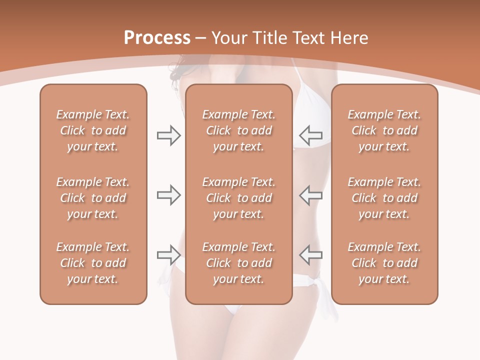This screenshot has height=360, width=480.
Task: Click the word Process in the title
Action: point(157,38)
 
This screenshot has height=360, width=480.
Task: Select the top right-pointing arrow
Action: point(168,135)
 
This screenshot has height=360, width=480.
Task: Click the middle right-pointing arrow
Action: point(168,194)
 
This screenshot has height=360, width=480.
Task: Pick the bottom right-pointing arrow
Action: point(168,255)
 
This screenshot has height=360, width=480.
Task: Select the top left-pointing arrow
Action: point(310,135)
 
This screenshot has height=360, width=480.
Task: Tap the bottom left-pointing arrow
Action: point(310,254)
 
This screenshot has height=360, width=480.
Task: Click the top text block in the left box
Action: point(93,130)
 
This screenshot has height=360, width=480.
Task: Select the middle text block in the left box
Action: point(93,198)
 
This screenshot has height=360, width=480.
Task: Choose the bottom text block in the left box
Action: point(93,263)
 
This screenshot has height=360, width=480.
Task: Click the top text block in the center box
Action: point(238,130)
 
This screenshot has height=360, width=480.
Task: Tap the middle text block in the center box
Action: point(238,198)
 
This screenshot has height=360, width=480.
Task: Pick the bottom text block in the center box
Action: point(238,263)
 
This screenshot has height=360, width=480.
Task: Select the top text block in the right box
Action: point(384,130)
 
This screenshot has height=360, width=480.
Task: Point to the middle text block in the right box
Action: point(384,198)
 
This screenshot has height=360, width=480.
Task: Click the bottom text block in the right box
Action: point(384,263)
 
